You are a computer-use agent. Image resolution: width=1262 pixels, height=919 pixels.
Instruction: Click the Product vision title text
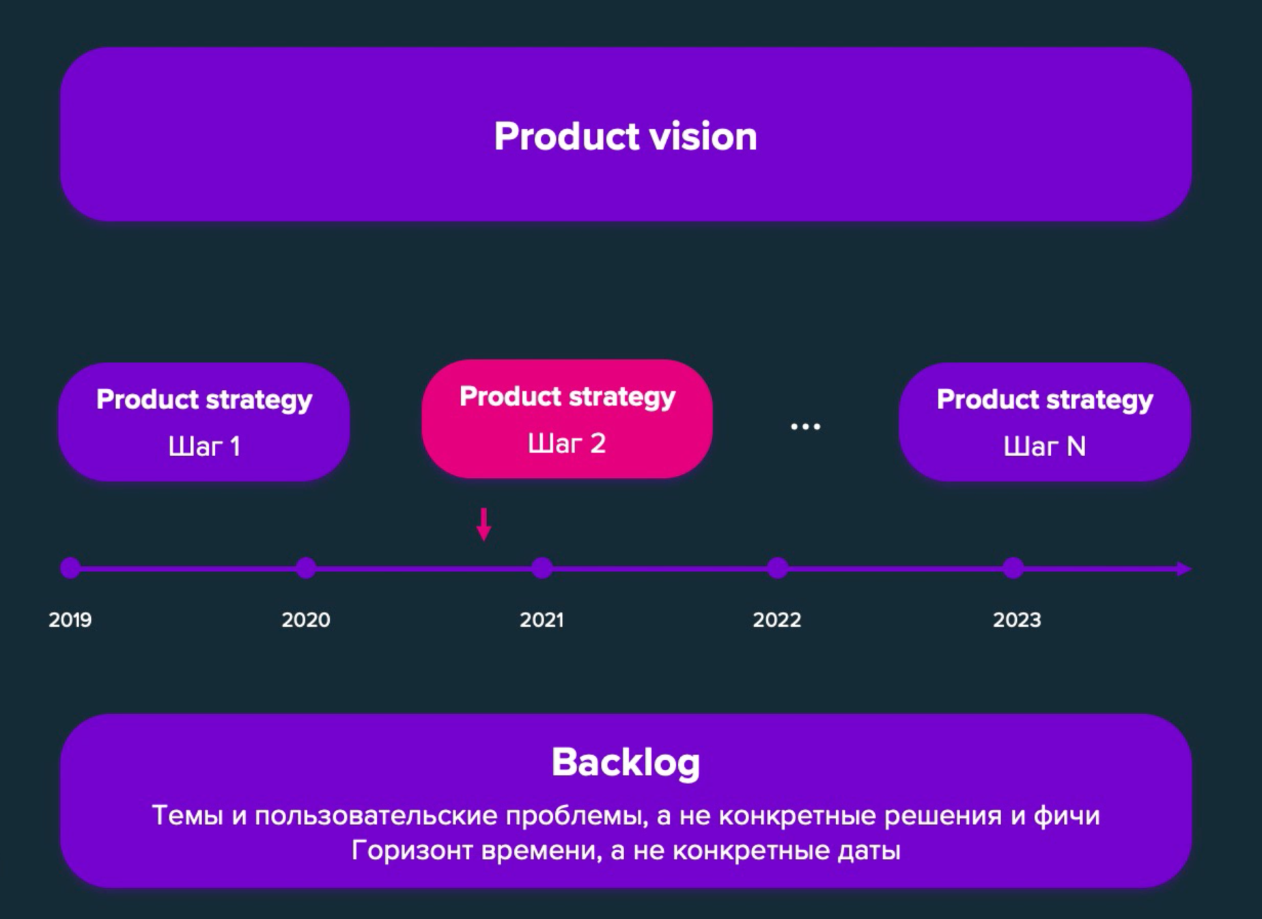click(x=626, y=136)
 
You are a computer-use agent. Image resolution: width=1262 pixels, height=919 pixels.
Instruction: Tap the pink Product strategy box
click(x=567, y=419)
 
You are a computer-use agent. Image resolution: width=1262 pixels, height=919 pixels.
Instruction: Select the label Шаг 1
click(x=204, y=447)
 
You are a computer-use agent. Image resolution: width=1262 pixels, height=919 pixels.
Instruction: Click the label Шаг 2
click(x=567, y=444)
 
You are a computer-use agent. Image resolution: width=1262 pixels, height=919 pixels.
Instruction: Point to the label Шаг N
click(x=1044, y=447)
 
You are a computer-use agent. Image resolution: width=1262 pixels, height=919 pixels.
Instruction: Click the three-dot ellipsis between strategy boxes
click(x=805, y=427)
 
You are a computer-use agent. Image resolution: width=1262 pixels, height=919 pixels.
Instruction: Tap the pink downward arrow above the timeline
click(x=483, y=524)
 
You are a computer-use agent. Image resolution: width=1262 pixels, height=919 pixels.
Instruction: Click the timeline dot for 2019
click(x=70, y=568)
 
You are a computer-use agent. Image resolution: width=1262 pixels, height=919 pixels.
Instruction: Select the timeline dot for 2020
click(x=306, y=568)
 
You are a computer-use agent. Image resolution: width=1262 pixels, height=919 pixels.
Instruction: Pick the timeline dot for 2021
click(x=542, y=568)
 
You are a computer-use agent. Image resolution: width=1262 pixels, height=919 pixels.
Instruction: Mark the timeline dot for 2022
click(x=777, y=568)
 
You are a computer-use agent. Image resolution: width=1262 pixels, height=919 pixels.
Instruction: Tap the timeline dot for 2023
click(x=1013, y=568)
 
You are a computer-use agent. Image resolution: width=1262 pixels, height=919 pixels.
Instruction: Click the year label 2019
click(x=70, y=620)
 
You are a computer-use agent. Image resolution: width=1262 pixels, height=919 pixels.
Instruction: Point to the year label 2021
click(x=542, y=620)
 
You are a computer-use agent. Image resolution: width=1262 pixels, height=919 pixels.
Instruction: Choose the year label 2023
click(x=1017, y=620)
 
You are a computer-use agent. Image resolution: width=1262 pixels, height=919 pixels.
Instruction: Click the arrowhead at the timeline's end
click(x=1185, y=569)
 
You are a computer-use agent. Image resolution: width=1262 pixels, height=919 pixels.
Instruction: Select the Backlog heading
click(x=626, y=763)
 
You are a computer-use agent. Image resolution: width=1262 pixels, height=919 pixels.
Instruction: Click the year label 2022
click(x=777, y=620)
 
